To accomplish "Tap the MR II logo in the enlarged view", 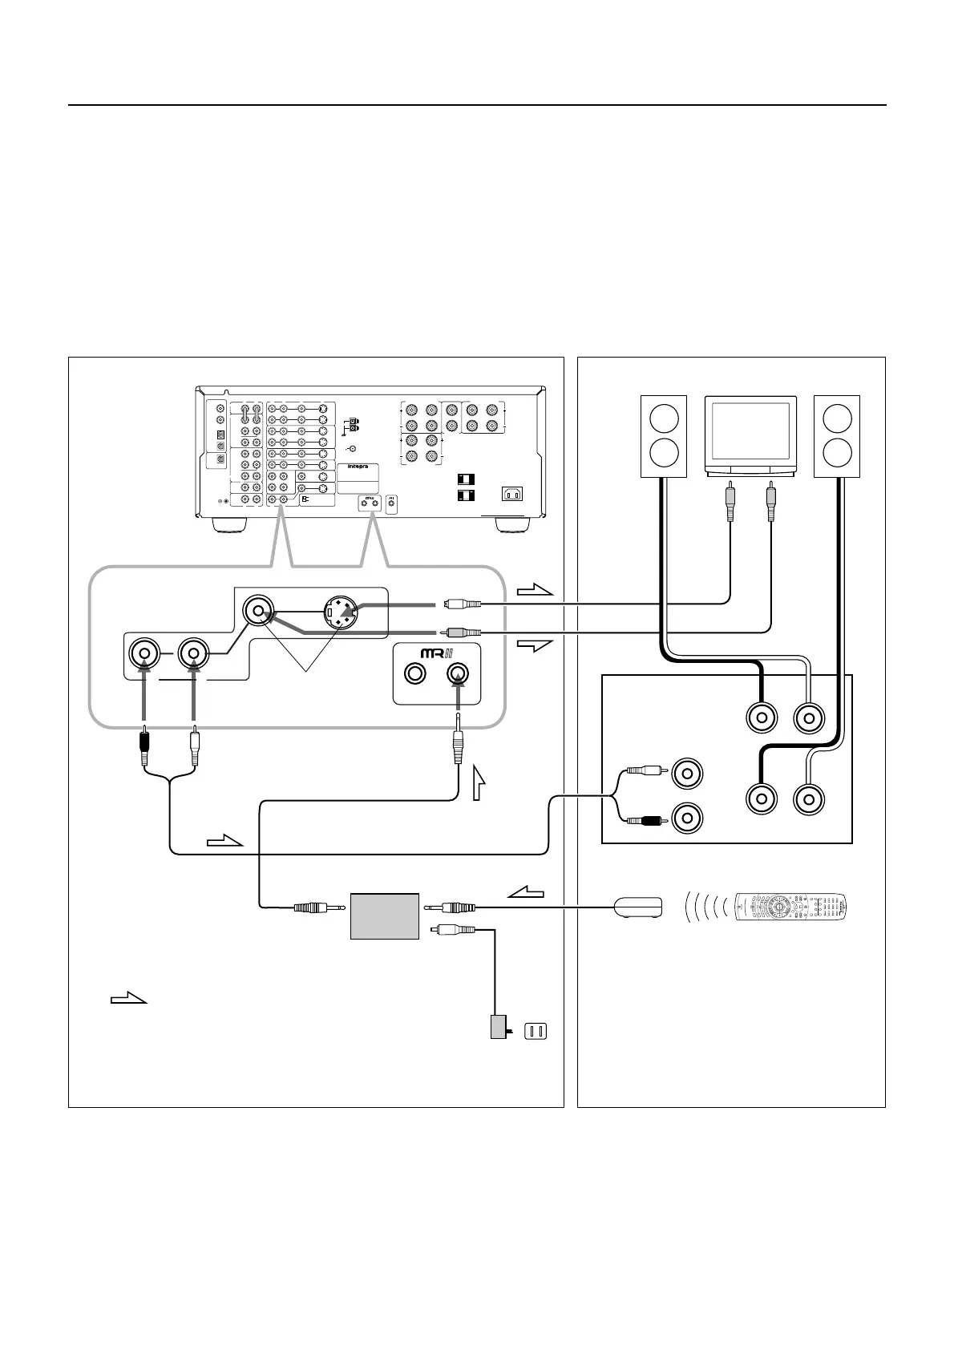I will [436, 652].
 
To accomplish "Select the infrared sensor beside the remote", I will [637, 907].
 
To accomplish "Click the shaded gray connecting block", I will [385, 915].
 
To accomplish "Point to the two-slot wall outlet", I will [534, 1031].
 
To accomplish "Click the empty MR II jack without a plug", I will [414, 674].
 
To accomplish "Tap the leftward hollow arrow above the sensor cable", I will [526, 891].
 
